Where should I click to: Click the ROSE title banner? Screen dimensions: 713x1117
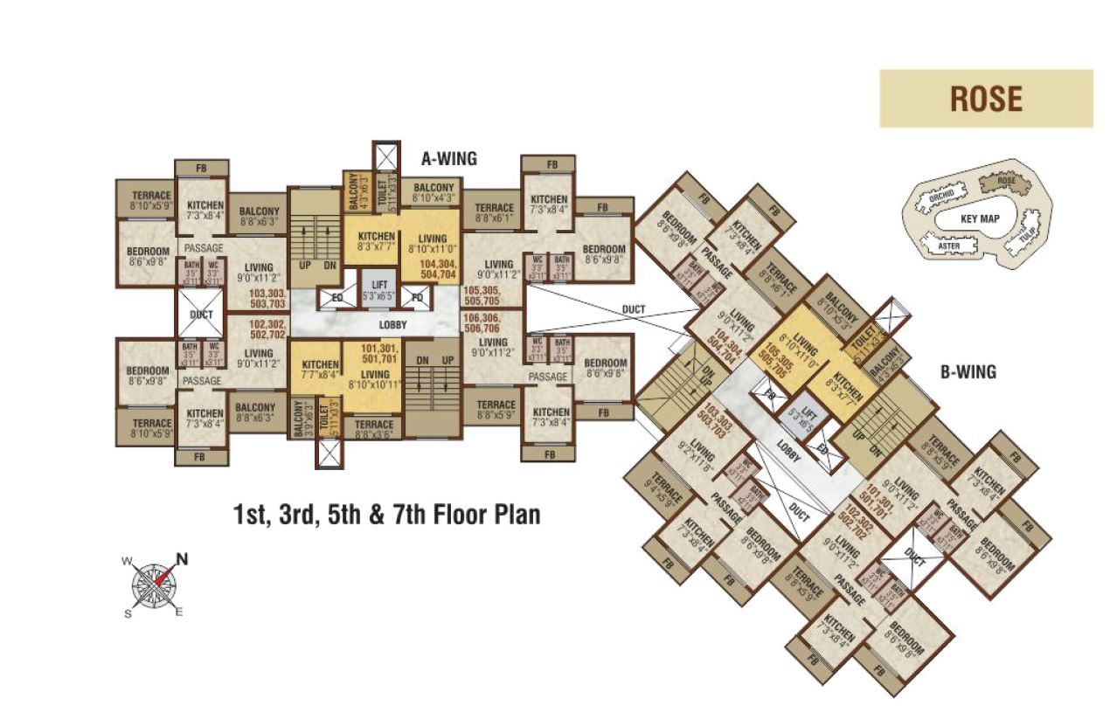(985, 99)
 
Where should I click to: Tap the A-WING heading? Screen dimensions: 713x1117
(449, 159)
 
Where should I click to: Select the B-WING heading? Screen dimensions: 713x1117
(968, 372)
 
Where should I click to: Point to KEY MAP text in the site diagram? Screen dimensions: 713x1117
(979, 218)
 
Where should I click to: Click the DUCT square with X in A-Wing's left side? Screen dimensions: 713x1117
(201, 314)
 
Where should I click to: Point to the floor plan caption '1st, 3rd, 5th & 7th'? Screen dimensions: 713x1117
(386, 515)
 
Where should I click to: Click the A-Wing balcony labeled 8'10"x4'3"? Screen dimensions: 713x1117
(434, 193)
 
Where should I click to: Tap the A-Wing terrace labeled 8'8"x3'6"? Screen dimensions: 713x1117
(374, 428)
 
